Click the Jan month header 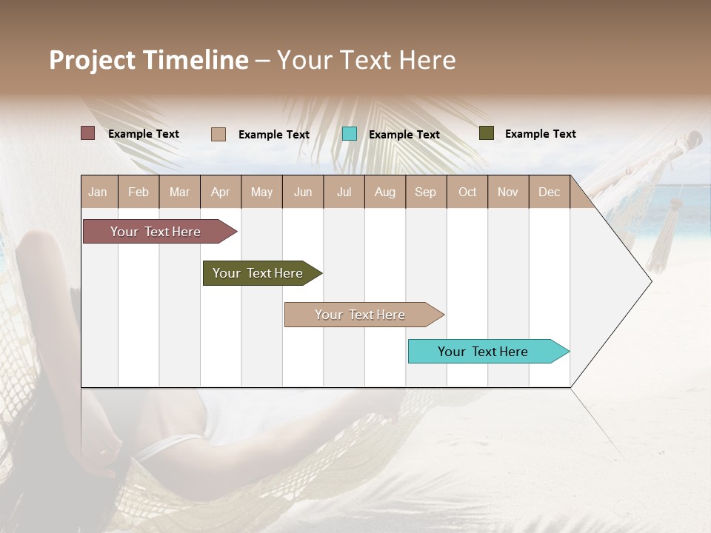coord(99,192)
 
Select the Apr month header coord(221,192)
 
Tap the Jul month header coord(344,192)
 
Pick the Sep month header coord(425,192)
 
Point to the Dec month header coord(549,192)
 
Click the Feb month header coord(138,192)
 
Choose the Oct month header coord(467,192)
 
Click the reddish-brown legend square coord(87,133)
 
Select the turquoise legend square coord(350,133)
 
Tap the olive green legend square coord(486,133)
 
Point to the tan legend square coord(218,134)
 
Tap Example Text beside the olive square coord(540,133)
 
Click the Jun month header coord(303,192)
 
